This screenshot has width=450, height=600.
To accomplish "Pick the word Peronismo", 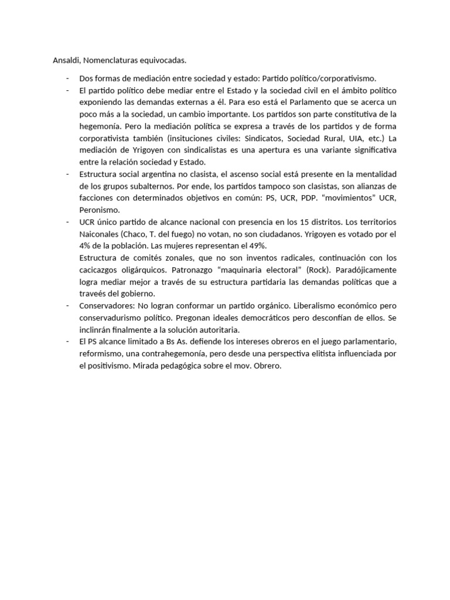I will click(x=99, y=209).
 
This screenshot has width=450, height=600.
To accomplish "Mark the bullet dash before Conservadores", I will click(x=68, y=305).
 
